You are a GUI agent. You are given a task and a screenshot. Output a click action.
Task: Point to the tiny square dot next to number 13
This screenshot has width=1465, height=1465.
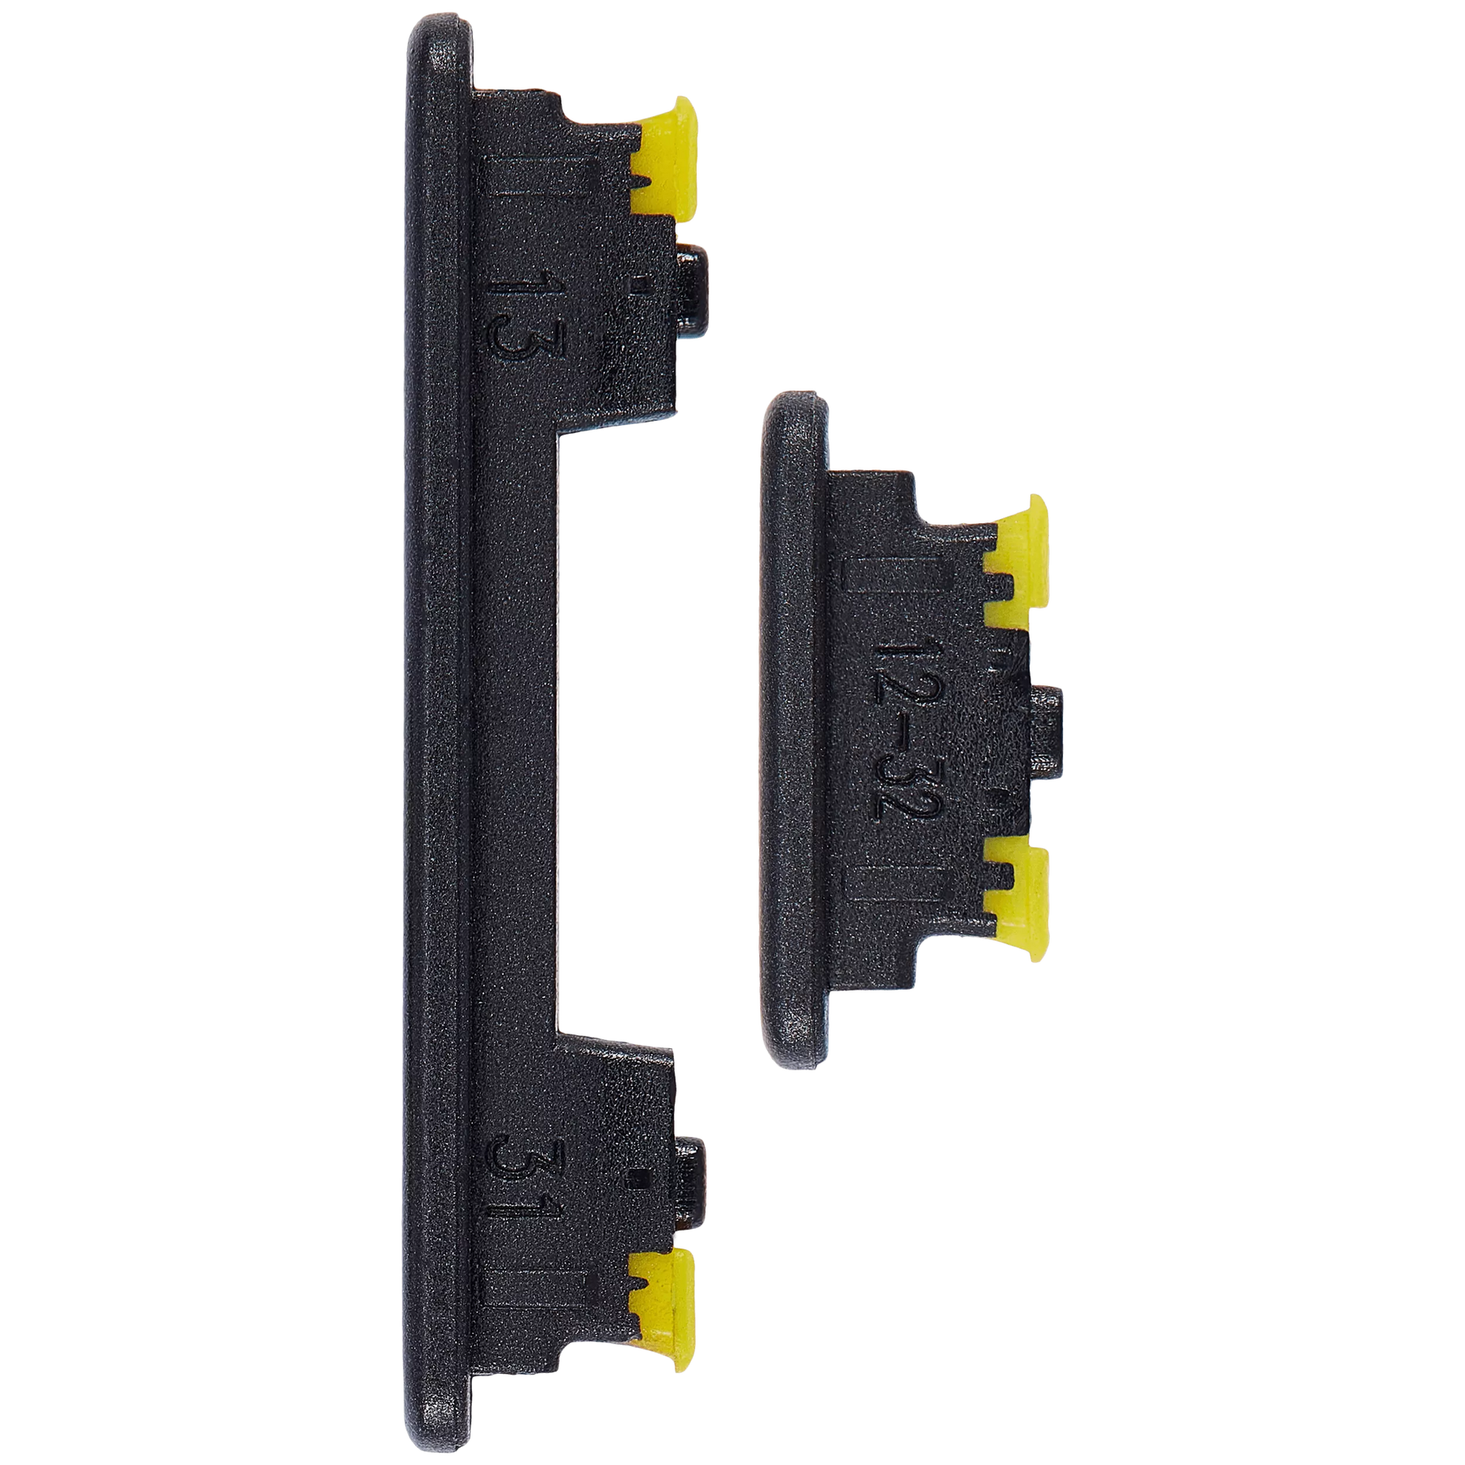click(640, 283)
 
